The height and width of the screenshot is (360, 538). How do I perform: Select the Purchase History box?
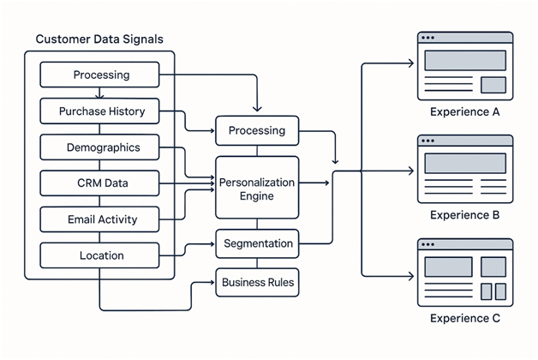(101, 111)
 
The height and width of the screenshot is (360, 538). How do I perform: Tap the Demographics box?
(101, 147)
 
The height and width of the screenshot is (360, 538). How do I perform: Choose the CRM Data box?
(101, 183)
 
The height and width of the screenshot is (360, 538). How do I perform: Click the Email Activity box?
(101, 219)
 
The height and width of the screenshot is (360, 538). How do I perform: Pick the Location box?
(101, 255)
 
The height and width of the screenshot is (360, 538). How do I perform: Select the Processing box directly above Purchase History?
(101, 75)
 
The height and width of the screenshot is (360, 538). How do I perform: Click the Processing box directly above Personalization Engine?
(257, 131)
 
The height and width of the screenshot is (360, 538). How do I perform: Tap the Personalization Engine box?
(257, 189)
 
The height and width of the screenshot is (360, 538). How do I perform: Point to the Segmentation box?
(257, 244)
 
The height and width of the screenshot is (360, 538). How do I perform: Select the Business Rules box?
(257, 281)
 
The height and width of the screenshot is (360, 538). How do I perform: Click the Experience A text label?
(464, 112)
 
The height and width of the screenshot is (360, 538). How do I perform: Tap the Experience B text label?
(464, 215)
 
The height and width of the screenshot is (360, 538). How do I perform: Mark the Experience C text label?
(464, 319)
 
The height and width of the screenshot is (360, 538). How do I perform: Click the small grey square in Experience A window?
(493, 85)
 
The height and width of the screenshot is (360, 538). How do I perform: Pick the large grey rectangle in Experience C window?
(447, 267)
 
